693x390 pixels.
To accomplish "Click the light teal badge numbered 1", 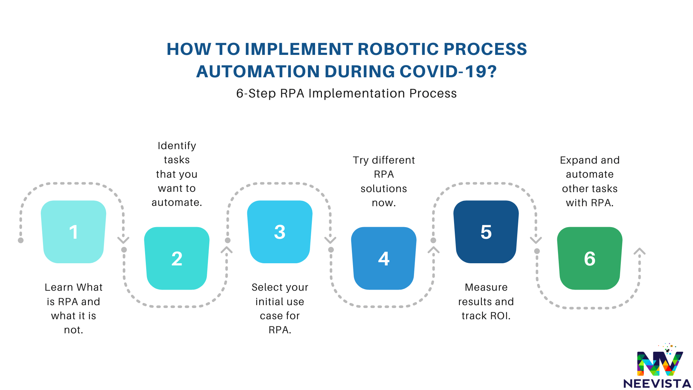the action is click(x=74, y=232).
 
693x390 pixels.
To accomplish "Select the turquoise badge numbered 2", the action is click(x=177, y=258).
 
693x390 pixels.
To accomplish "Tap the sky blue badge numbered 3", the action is click(x=280, y=232).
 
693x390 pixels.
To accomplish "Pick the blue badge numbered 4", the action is click(x=384, y=258).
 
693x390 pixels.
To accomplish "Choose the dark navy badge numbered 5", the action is click(x=486, y=232).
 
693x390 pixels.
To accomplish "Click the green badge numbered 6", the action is click(x=590, y=258).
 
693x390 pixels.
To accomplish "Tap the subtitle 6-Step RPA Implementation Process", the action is click(x=346, y=94).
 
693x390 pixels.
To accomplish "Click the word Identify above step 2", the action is click(x=177, y=146).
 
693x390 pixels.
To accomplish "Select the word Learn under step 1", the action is click(x=59, y=287).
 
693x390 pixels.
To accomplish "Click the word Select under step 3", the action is click(x=265, y=287).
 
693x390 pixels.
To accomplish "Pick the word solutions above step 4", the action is click(x=384, y=188).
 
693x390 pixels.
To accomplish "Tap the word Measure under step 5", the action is click(x=486, y=287).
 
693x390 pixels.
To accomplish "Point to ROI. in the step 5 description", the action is click(x=500, y=316).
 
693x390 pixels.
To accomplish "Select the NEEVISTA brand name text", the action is click(x=657, y=383).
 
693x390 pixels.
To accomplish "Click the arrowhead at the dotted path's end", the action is click(x=640, y=251).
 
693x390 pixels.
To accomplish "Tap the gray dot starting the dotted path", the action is click(x=21, y=240).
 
